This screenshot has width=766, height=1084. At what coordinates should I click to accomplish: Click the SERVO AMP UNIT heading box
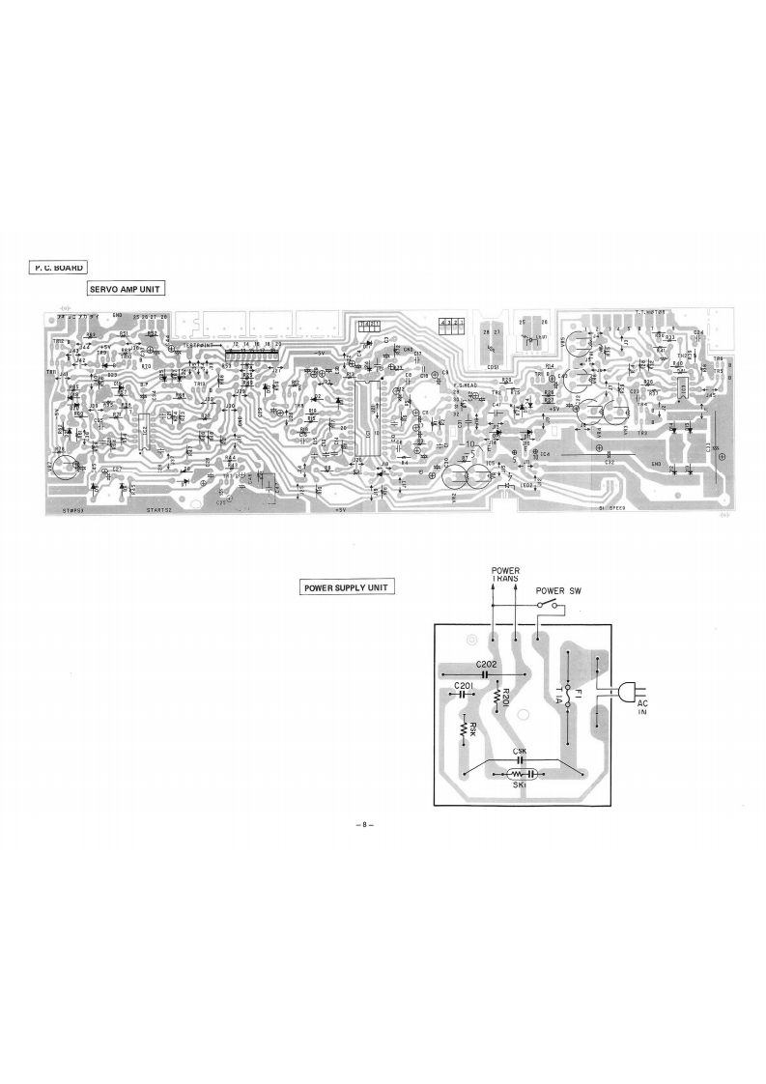[x=126, y=288]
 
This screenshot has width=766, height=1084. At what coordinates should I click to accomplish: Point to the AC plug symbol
[x=626, y=691]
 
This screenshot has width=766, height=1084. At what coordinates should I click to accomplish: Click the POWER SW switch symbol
[x=549, y=604]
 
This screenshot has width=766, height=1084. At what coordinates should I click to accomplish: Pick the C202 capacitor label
[x=487, y=665]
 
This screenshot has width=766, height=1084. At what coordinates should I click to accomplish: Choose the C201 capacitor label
[x=465, y=685]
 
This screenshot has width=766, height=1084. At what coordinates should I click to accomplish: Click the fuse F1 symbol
[x=569, y=693]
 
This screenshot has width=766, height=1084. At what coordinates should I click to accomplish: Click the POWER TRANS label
[x=505, y=576]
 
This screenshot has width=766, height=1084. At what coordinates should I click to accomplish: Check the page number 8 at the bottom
[x=363, y=824]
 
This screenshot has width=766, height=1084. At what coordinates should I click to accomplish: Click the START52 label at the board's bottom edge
[x=161, y=510]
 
